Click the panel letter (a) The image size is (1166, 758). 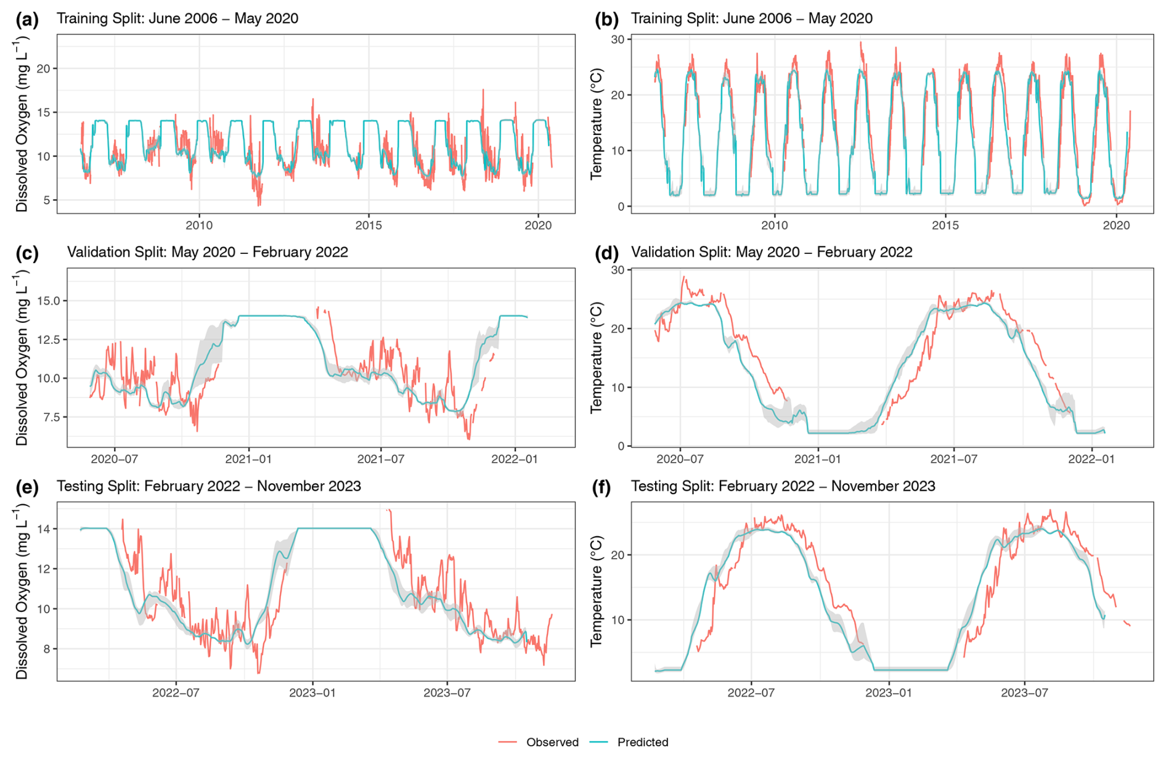click(x=27, y=20)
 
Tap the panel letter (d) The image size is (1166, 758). click(x=606, y=253)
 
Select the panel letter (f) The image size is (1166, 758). click(x=601, y=487)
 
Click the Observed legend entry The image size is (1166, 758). click(x=552, y=742)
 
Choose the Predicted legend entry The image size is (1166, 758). click(x=642, y=742)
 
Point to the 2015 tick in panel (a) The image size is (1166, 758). click(x=368, y=226)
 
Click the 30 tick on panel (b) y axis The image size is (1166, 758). click(x=617, y=39)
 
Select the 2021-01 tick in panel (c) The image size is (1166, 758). click(x=248, y=459)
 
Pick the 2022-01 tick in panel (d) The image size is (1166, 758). click(x=1091, y=459)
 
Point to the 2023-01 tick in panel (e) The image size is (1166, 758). click(x=312, y=693)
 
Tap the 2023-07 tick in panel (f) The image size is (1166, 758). click(x=1024, y=693)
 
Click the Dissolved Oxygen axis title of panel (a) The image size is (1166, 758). click(x=22, y=124)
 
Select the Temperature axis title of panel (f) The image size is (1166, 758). click(x=596, y=591)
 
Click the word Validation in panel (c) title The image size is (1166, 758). click(x=96, y=253)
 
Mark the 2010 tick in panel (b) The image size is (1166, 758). click(x=774, y=226)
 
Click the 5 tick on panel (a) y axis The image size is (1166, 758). click(x=46, y=200)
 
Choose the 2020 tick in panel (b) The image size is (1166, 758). click(x=1116, y=226)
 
